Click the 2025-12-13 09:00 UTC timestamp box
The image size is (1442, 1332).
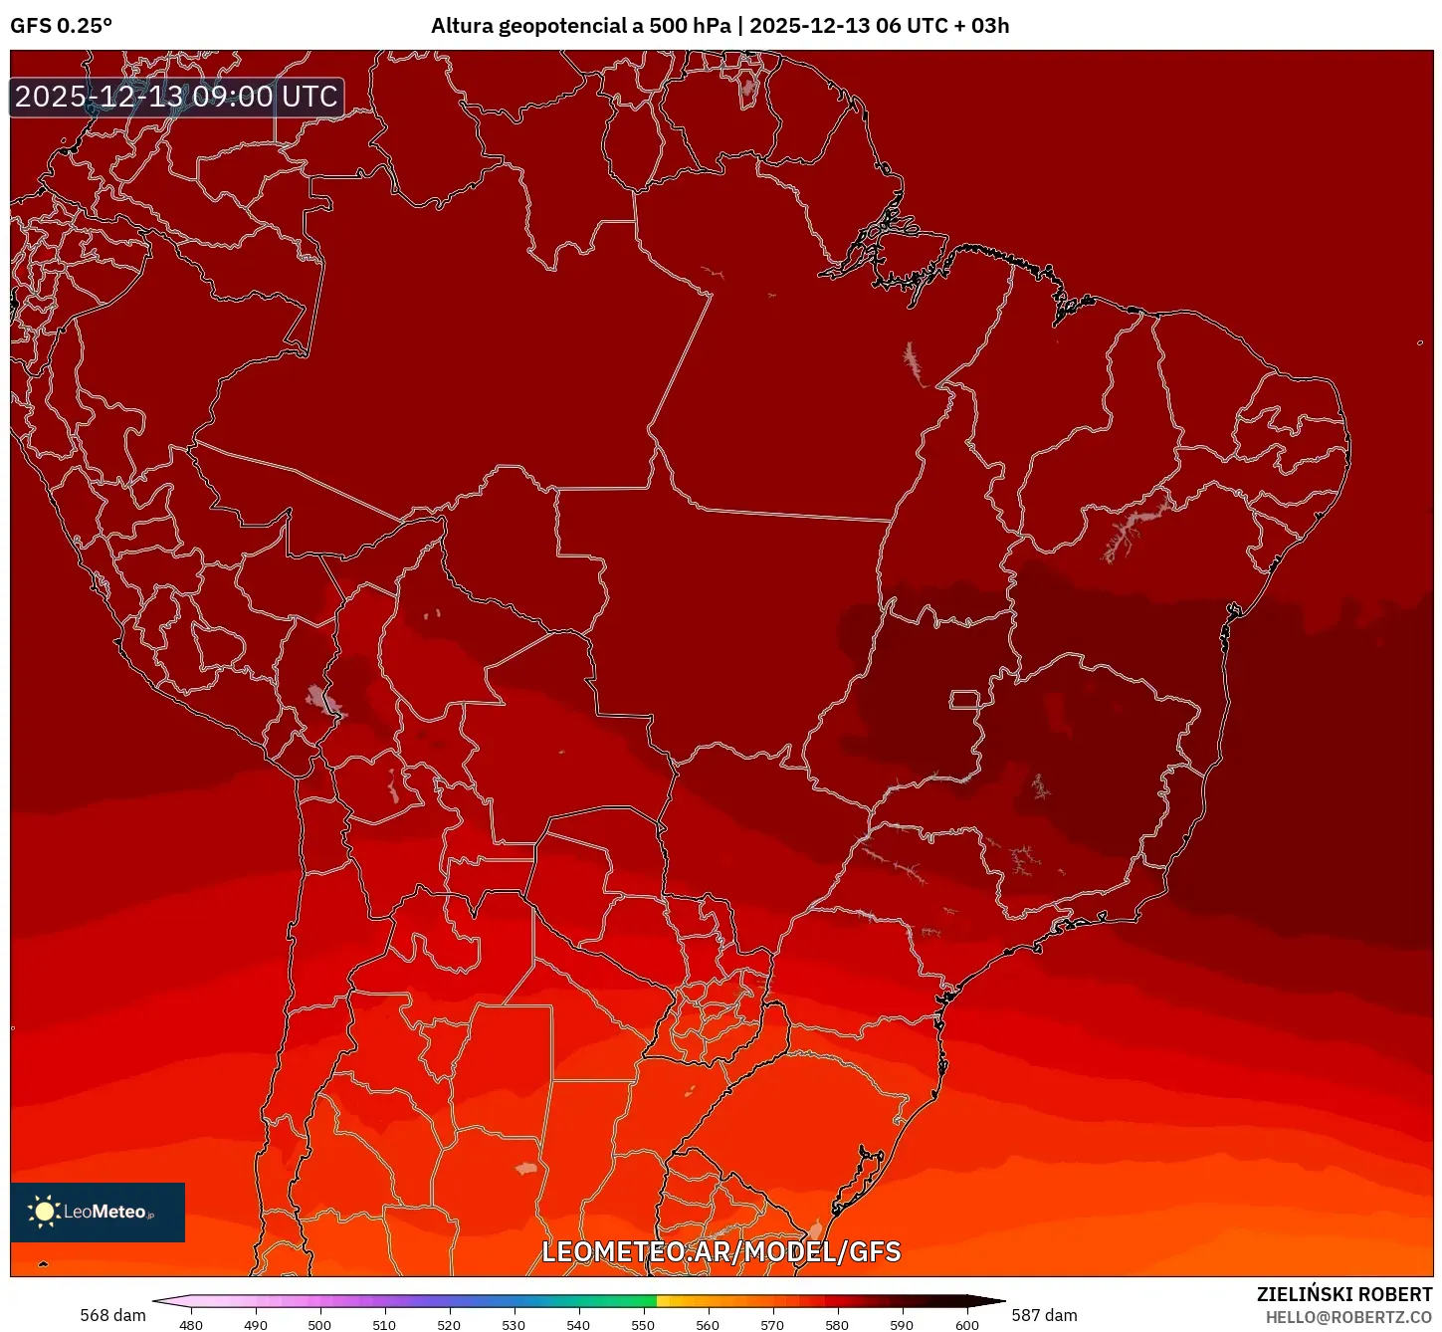point(176,97)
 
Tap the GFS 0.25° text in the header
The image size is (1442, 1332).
point(61,26)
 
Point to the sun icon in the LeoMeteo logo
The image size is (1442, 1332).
point(44,1212)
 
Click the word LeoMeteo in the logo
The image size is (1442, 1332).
point(105,1212)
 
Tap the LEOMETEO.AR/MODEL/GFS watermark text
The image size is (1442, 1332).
point(721,1251)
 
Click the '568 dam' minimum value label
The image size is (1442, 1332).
point(112,1315)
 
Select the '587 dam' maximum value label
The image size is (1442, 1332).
point(1044,1315)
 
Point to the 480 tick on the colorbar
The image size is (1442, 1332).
point(190,1324)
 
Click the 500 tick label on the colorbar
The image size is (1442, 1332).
point(319,1324)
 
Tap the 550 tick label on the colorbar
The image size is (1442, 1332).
point(643,1324)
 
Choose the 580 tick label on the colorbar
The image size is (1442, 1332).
point(837,1324)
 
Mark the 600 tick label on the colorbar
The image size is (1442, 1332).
point(966,1324)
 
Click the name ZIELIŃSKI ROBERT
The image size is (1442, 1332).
point(1343,1294)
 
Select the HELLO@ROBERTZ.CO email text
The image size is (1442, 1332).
point(1348,1317)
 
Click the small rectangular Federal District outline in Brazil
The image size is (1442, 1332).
point(964,699)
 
